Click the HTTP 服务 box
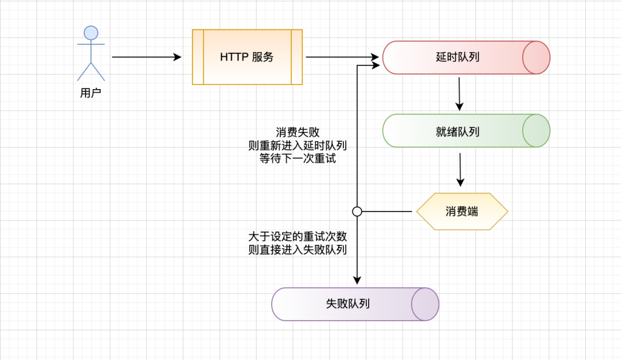[247, 57]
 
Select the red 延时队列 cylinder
[457, 58]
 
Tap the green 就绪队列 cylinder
[457, 131]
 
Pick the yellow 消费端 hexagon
[462, 212]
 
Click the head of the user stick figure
[91, 33]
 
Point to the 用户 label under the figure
[90, 93]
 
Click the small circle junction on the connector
[357, 212]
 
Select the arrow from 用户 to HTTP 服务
[146, 57]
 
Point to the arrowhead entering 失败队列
[357, 280]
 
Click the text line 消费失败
[297, 133]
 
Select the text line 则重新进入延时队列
[297, 145]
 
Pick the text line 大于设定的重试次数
[297, 236]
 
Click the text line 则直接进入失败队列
[297, 249]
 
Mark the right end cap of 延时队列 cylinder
[536, 58]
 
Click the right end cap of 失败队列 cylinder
[425, 304]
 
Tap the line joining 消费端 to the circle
[388, 212]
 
